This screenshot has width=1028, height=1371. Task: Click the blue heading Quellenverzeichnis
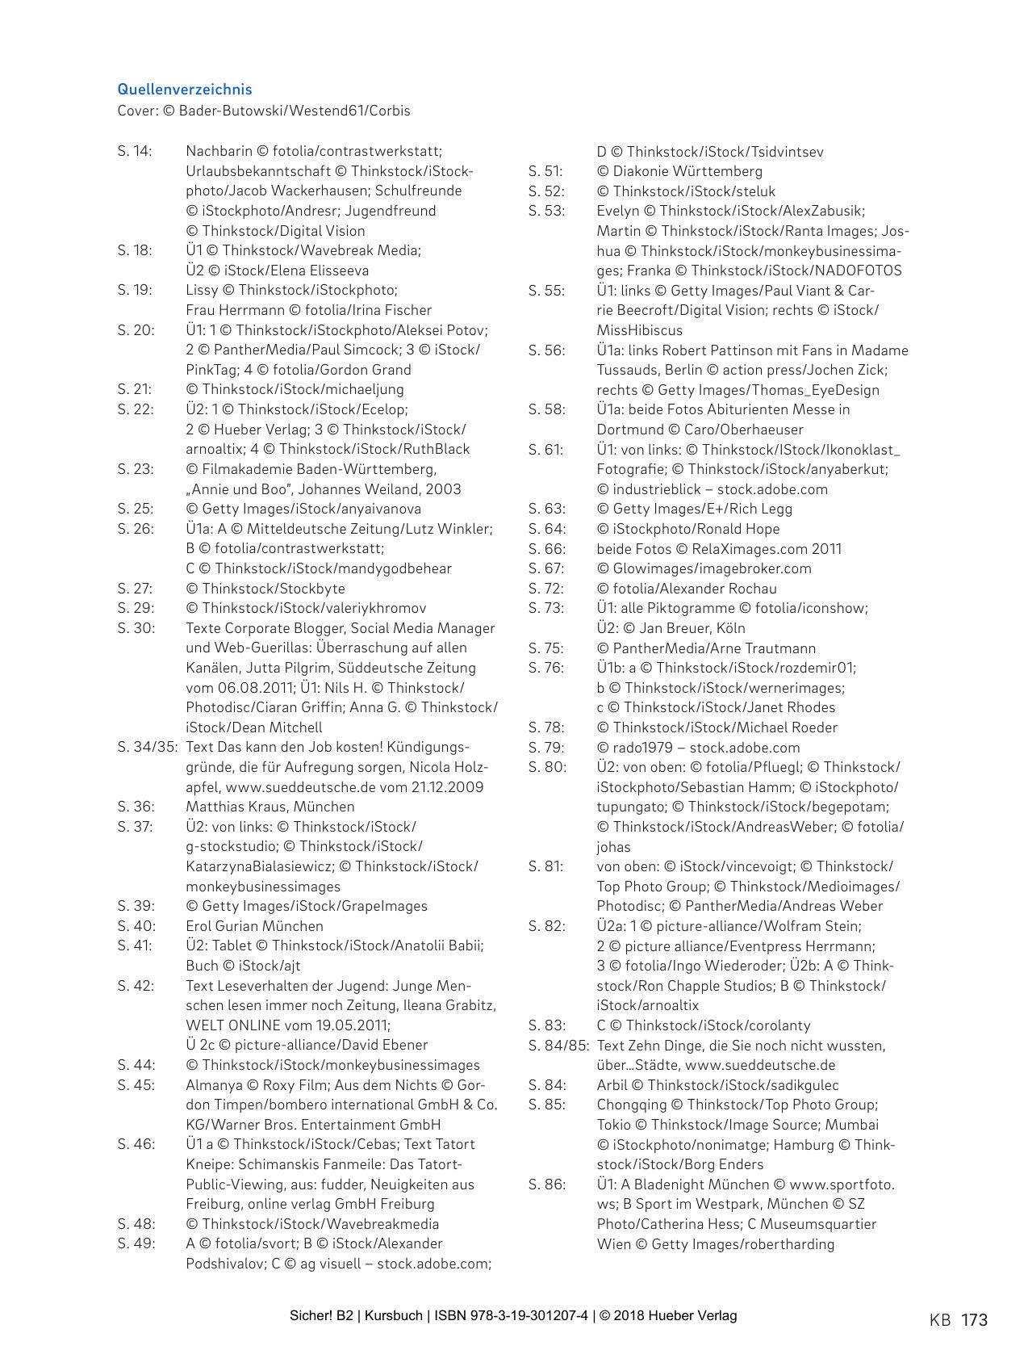(185, 90)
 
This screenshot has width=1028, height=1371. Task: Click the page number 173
(974, 1320)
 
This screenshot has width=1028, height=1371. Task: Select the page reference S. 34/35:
(148, 747)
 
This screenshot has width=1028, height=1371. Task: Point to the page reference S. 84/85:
(558, 1046)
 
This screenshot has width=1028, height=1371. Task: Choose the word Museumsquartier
(818, 1224)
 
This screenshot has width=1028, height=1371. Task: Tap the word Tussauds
(629, 370)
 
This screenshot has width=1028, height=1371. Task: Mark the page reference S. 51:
(545, 171)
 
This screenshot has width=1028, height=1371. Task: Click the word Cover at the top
(137, 111)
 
